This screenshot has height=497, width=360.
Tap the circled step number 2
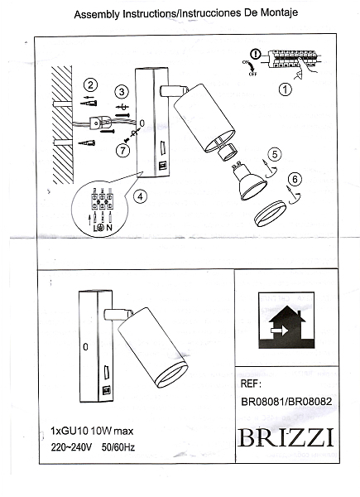pyautogui.click(x=91, y=84)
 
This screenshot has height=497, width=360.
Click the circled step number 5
pyautogui.click(x=275, y=152)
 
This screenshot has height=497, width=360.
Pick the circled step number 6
pyautogui.click(x=295, y=178)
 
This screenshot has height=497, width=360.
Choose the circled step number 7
pyautogui.click(x=122, y=150)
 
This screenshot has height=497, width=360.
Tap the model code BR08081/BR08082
pyautogui.click(x=286, y=402)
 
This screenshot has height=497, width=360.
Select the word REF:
pyautogui.click(x=250, y=384)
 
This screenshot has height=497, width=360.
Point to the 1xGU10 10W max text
pyautogui.click(x=89, y=431)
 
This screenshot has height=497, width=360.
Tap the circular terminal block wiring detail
pyautogui.click(x=101, y=211)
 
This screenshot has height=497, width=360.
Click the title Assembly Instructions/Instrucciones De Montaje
pyautogui.click(x=186, y=15)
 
